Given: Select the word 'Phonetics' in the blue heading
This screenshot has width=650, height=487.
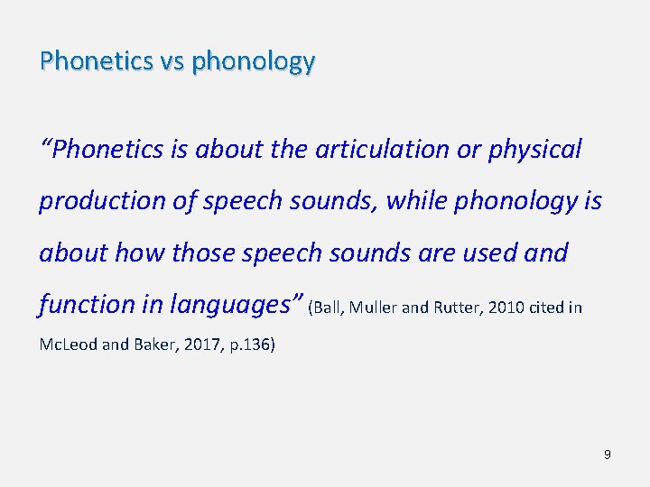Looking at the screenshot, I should click(x=96, y=61).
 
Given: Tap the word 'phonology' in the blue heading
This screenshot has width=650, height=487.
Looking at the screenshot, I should click(x=253, y=61).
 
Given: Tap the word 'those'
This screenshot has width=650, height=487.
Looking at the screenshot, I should click(x=208, y=253).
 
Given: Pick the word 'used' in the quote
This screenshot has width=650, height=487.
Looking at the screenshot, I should click(x=487, y=253).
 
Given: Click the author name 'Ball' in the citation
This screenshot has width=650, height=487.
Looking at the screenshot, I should click(x=327, y=308).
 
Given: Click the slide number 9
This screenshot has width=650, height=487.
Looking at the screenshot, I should click(x=607, y=455).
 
